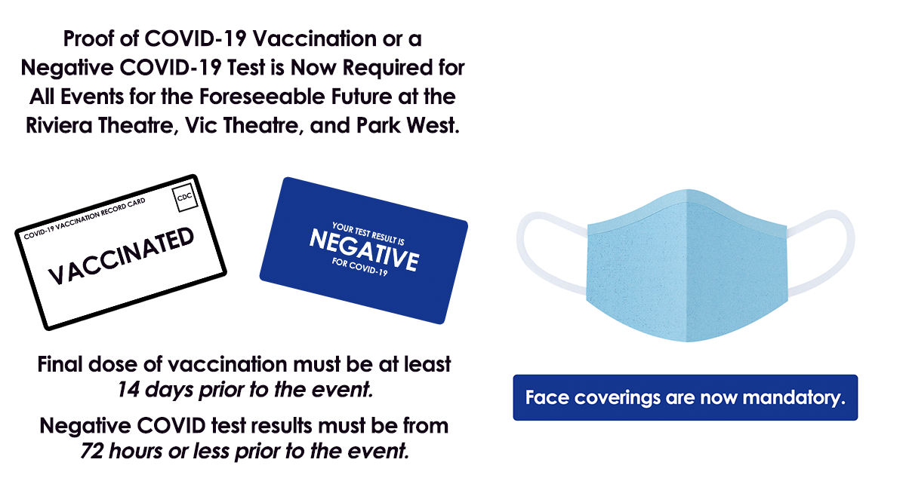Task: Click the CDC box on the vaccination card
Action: [185, 198]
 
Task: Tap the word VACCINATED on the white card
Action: [122, 256]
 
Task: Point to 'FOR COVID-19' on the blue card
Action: [359, 267]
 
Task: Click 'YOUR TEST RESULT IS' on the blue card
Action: [368, 233]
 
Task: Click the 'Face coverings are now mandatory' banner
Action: [686, 397]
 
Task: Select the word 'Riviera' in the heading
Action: [59, 125]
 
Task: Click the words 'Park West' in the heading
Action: [408, 125]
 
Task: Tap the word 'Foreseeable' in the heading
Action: [262, 96]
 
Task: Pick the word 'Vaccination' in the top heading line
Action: [315, 38]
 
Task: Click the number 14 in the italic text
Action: [128, 390]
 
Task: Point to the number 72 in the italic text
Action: [91, 451]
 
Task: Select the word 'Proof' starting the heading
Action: [89, 38]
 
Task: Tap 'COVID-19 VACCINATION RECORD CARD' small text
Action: [85, 219]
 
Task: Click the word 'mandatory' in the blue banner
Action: [794, 398]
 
